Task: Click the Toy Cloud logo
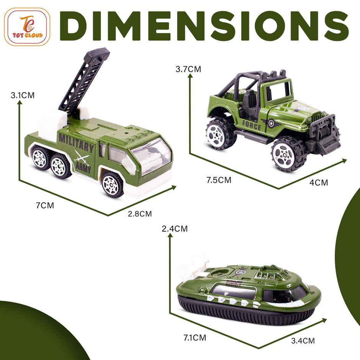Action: pyautogui.click(x=27, y=27)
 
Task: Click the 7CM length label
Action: pyautogui.click(x=45, y=205)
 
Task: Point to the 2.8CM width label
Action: pyautogui.click(x=140, y=214)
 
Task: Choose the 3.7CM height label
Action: pyautogui.click(x=188, y=69)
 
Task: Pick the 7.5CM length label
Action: pyautogui.click(x=219, y=180)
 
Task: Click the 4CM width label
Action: pyautogui.click(x=319, y=183)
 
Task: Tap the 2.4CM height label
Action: pyautogui.click(x=175, y=229)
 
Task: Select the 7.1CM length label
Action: pyautogui.click(x=194, y=337)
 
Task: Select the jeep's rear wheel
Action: pyautogui.click(x=221, y=134)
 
